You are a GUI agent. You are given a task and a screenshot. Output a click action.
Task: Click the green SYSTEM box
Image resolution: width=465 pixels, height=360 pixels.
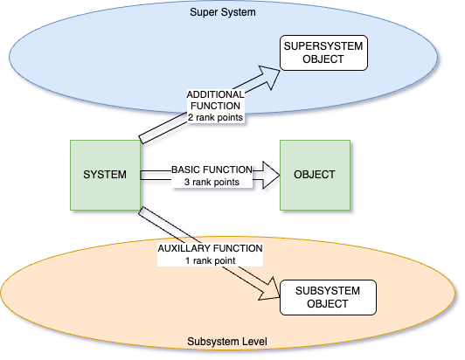(105, 175)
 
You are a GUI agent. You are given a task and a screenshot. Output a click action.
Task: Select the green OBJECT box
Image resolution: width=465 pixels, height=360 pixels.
(315, 175)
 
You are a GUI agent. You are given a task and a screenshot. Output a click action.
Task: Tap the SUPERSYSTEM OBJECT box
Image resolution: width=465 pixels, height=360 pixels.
(323, 52)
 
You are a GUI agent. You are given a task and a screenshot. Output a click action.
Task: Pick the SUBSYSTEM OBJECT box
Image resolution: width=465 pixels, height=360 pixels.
(328, 297)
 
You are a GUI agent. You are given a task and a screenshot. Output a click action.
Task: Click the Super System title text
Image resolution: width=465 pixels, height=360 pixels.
(223, 12)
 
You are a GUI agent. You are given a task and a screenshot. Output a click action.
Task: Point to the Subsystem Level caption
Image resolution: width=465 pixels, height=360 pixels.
(227, 342)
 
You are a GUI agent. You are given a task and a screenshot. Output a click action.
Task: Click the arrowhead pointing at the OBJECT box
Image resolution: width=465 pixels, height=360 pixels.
(271, 175)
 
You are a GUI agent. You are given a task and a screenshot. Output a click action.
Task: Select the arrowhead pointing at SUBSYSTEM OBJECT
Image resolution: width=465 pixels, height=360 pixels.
(269, 290)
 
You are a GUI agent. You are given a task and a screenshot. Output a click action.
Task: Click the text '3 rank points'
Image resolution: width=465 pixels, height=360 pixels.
(212, 182)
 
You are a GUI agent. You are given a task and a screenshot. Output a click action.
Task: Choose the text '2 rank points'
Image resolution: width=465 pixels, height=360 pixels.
(215, 117)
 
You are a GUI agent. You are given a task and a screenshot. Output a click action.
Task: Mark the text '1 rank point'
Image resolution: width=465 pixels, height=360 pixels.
(211, 260)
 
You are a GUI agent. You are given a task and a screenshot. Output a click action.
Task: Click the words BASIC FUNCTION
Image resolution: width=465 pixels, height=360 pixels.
(212, 170)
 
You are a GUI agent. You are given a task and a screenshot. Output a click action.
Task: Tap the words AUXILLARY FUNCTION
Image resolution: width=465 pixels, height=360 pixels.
(211, 248)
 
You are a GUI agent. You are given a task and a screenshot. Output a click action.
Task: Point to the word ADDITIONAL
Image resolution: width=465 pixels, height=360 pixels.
(215, 94)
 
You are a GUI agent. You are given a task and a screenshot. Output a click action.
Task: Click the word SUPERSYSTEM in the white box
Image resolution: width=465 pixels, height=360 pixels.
(323, 46)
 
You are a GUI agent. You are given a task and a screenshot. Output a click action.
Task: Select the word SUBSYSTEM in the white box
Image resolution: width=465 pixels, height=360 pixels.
(328, 291)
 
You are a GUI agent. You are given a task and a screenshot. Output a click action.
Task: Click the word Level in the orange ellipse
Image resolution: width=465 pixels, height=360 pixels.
(255, 342)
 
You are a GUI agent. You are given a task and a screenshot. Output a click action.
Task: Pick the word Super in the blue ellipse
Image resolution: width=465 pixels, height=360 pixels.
(202, 12)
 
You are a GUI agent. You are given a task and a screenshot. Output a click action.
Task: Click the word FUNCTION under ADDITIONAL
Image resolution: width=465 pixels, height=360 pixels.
(215, 106)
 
